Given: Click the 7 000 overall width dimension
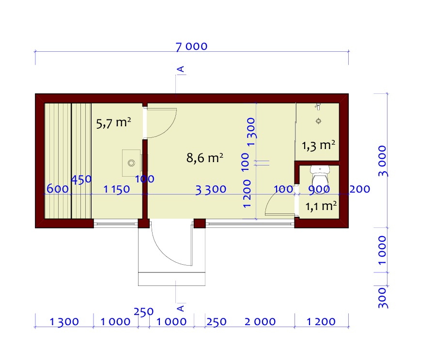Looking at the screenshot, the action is click(191, 46).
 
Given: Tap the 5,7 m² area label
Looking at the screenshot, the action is click(113, 123).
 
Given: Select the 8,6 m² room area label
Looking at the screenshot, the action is click(205, 158).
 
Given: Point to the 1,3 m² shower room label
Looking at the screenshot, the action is click(318, 146).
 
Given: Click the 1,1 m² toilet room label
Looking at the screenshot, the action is click(321, 206).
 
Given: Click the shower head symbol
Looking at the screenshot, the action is click(318, 106).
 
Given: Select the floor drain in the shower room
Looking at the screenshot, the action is click(319, 121).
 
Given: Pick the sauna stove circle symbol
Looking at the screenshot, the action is click(131, 163).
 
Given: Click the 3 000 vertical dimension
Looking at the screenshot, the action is click(383, 161).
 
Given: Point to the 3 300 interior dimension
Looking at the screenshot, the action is click(211, 190).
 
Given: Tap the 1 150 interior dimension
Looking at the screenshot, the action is click(117, 189).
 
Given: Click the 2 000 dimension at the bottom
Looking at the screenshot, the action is click(260, 322).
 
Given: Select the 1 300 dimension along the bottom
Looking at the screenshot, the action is click(64, 322).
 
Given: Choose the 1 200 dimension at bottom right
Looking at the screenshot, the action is click(321, 322).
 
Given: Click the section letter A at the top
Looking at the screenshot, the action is click(181, 69).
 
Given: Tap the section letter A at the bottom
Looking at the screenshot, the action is click(181, 308).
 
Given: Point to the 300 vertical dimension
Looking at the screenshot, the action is click(383, 298).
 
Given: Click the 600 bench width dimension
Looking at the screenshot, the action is click(58, 189).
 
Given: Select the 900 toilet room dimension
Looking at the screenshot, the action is click(319, 189).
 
